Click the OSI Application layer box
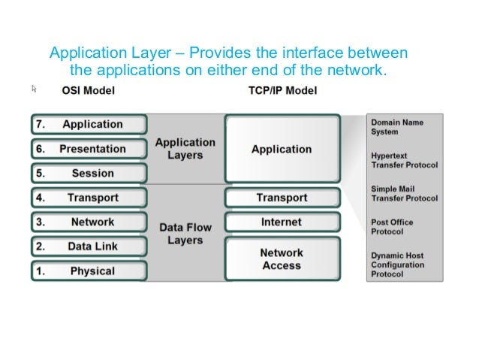click(x=89, y=125)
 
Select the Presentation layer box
click(x=89, y=149)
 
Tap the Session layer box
click(x=89, y=173)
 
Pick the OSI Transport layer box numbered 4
click(x=89, y=198)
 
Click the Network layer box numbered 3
click(x=89, y=222)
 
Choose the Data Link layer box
click(x=89, y=247)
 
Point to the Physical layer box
click(x=89, y=271)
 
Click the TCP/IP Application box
click(x=282, y=149)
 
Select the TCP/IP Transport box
click(x=282, y=198)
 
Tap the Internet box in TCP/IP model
click(x=282, y=222)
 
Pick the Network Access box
click(x=282, y=259)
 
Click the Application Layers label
click(x=185, y=148)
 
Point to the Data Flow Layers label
click(x=185, y=234)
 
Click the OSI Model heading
click(x=88, y=92)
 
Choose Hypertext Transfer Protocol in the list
click(x=404, y=159)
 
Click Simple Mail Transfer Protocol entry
click(x=404, y=193)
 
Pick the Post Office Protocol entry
click(x=393, y=226)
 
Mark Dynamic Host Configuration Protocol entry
click(x=398, y=265)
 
